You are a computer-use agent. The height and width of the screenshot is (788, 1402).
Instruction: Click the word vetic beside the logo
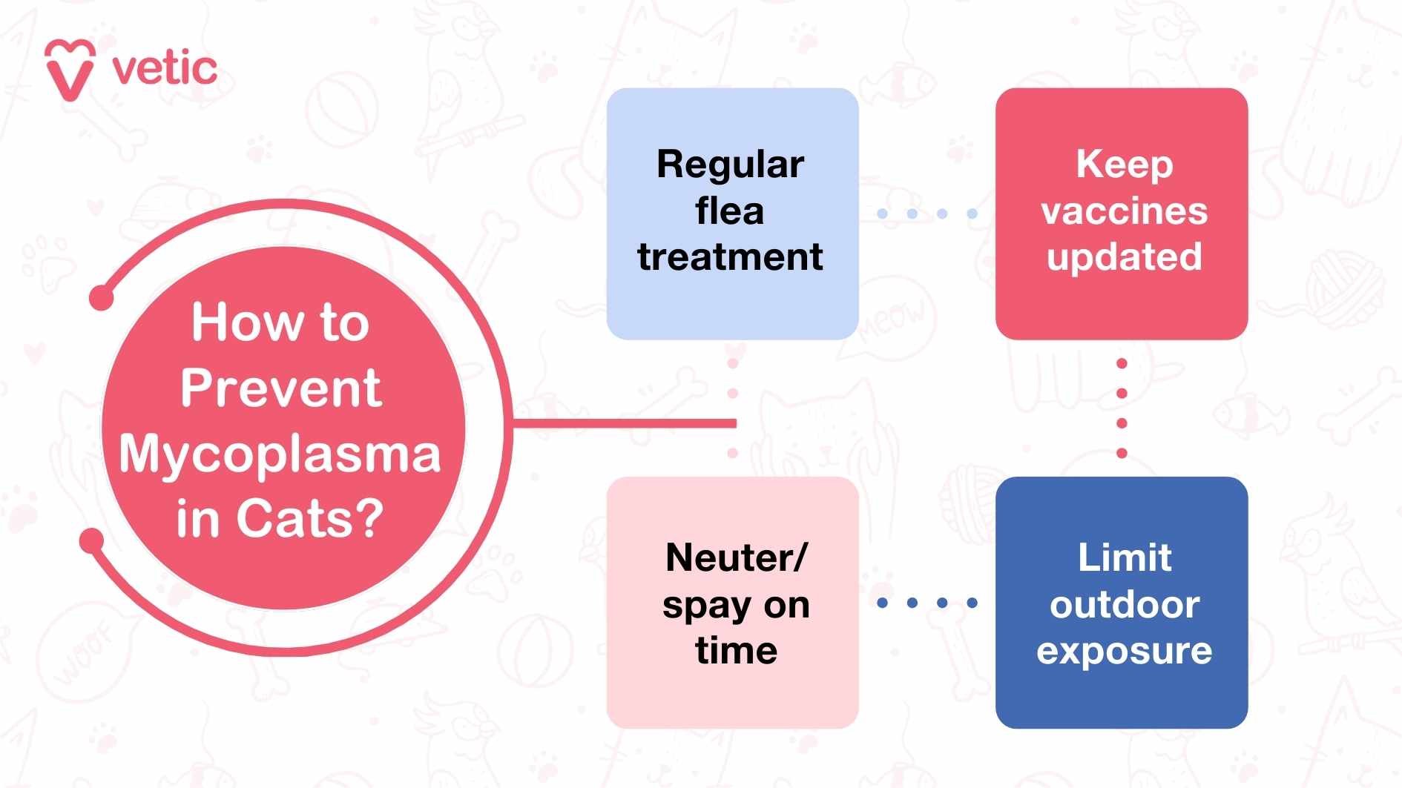click(x=165, y=69)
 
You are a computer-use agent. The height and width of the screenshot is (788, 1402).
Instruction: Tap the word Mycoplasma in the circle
click(x=280, y=454)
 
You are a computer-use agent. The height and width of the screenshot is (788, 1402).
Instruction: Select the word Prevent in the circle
click(x=280, y=388)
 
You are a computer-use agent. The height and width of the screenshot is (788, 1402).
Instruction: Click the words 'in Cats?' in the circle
click(x=280, y=518)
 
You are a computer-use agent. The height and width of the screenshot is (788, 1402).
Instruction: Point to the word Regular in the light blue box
click(x=730, y=165)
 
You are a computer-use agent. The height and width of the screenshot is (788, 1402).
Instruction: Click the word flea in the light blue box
click(x=730, y=211)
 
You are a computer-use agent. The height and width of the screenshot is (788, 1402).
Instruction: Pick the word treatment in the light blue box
click(x=730, y=257)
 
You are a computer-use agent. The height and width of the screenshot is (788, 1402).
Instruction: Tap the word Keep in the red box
click(x=1124, y=165)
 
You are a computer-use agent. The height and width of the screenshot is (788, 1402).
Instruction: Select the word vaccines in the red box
click(x=1124, y=211)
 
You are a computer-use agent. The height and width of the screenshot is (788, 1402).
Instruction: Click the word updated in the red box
click(x=1124, y=257)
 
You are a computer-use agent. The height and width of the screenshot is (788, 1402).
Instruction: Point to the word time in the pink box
click(x=736, y=651)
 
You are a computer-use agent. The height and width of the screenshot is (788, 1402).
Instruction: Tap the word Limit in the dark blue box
click(x=1124, y=557)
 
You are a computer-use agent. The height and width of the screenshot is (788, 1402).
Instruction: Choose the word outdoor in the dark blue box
click(x=1124, y=605)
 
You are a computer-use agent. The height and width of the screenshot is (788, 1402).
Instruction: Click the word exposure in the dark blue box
click(x=1124, y=651)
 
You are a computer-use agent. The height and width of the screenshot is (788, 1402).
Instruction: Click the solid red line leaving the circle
click(x=623, y=423)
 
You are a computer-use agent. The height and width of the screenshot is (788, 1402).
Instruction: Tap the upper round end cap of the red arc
click(x=102, y=298)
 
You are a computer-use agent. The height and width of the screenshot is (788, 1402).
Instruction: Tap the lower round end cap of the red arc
click(x=92, y=540)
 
